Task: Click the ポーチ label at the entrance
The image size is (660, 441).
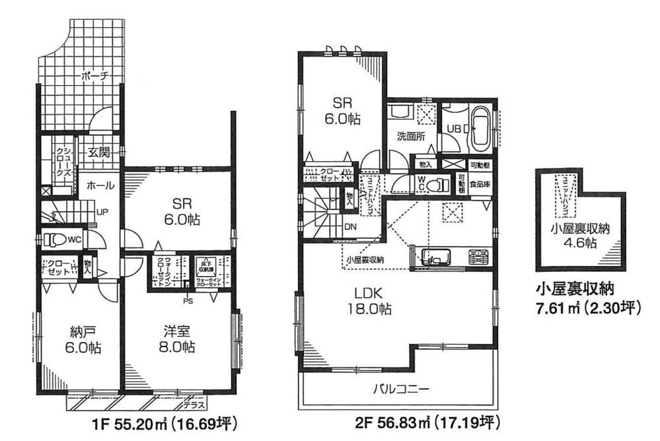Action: coord(94,77)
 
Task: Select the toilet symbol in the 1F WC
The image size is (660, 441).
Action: coord(56,240)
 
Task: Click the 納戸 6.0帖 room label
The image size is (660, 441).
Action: coord(78,337)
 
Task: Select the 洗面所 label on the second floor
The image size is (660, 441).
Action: coord(410,137)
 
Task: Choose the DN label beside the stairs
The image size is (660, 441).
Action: coord(351,226)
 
